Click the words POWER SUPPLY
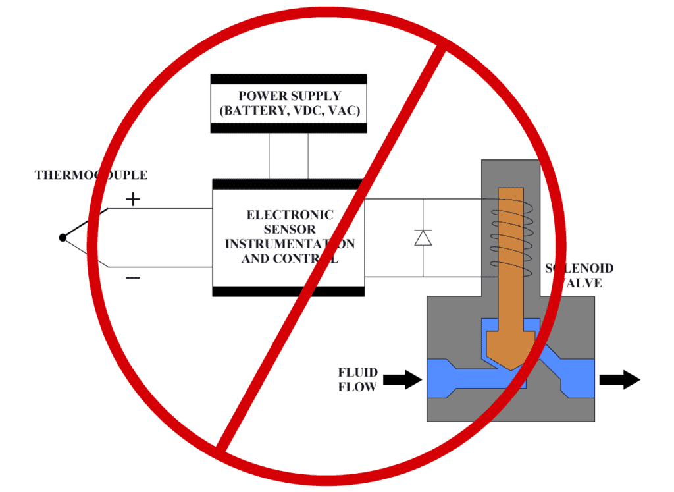pyautogui.click(x=289, y=96)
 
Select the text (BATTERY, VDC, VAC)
pyautogui.click(x=289, y=111)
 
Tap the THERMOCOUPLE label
pyautogui.click(x=91, y=175)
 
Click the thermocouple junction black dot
pyautogui.click(x=62, y=237)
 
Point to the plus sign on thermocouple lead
pyautogui.click(x=133, y=199)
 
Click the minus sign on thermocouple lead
pyautogui.click(x=133, y=278)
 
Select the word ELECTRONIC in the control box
pyautogui.click(x=290, y=215)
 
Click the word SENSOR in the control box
pyautogui.click(x=290, y=229)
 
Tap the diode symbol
pyautogui.click(x=423, y=238)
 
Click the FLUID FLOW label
pyautogui.click(x=357, y=380)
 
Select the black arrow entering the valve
pyautogui.click(x=403, y=379)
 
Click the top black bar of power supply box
pyautogui.click(x=288, y=79)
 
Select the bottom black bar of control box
pyautogui.click(x=288, y=290)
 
